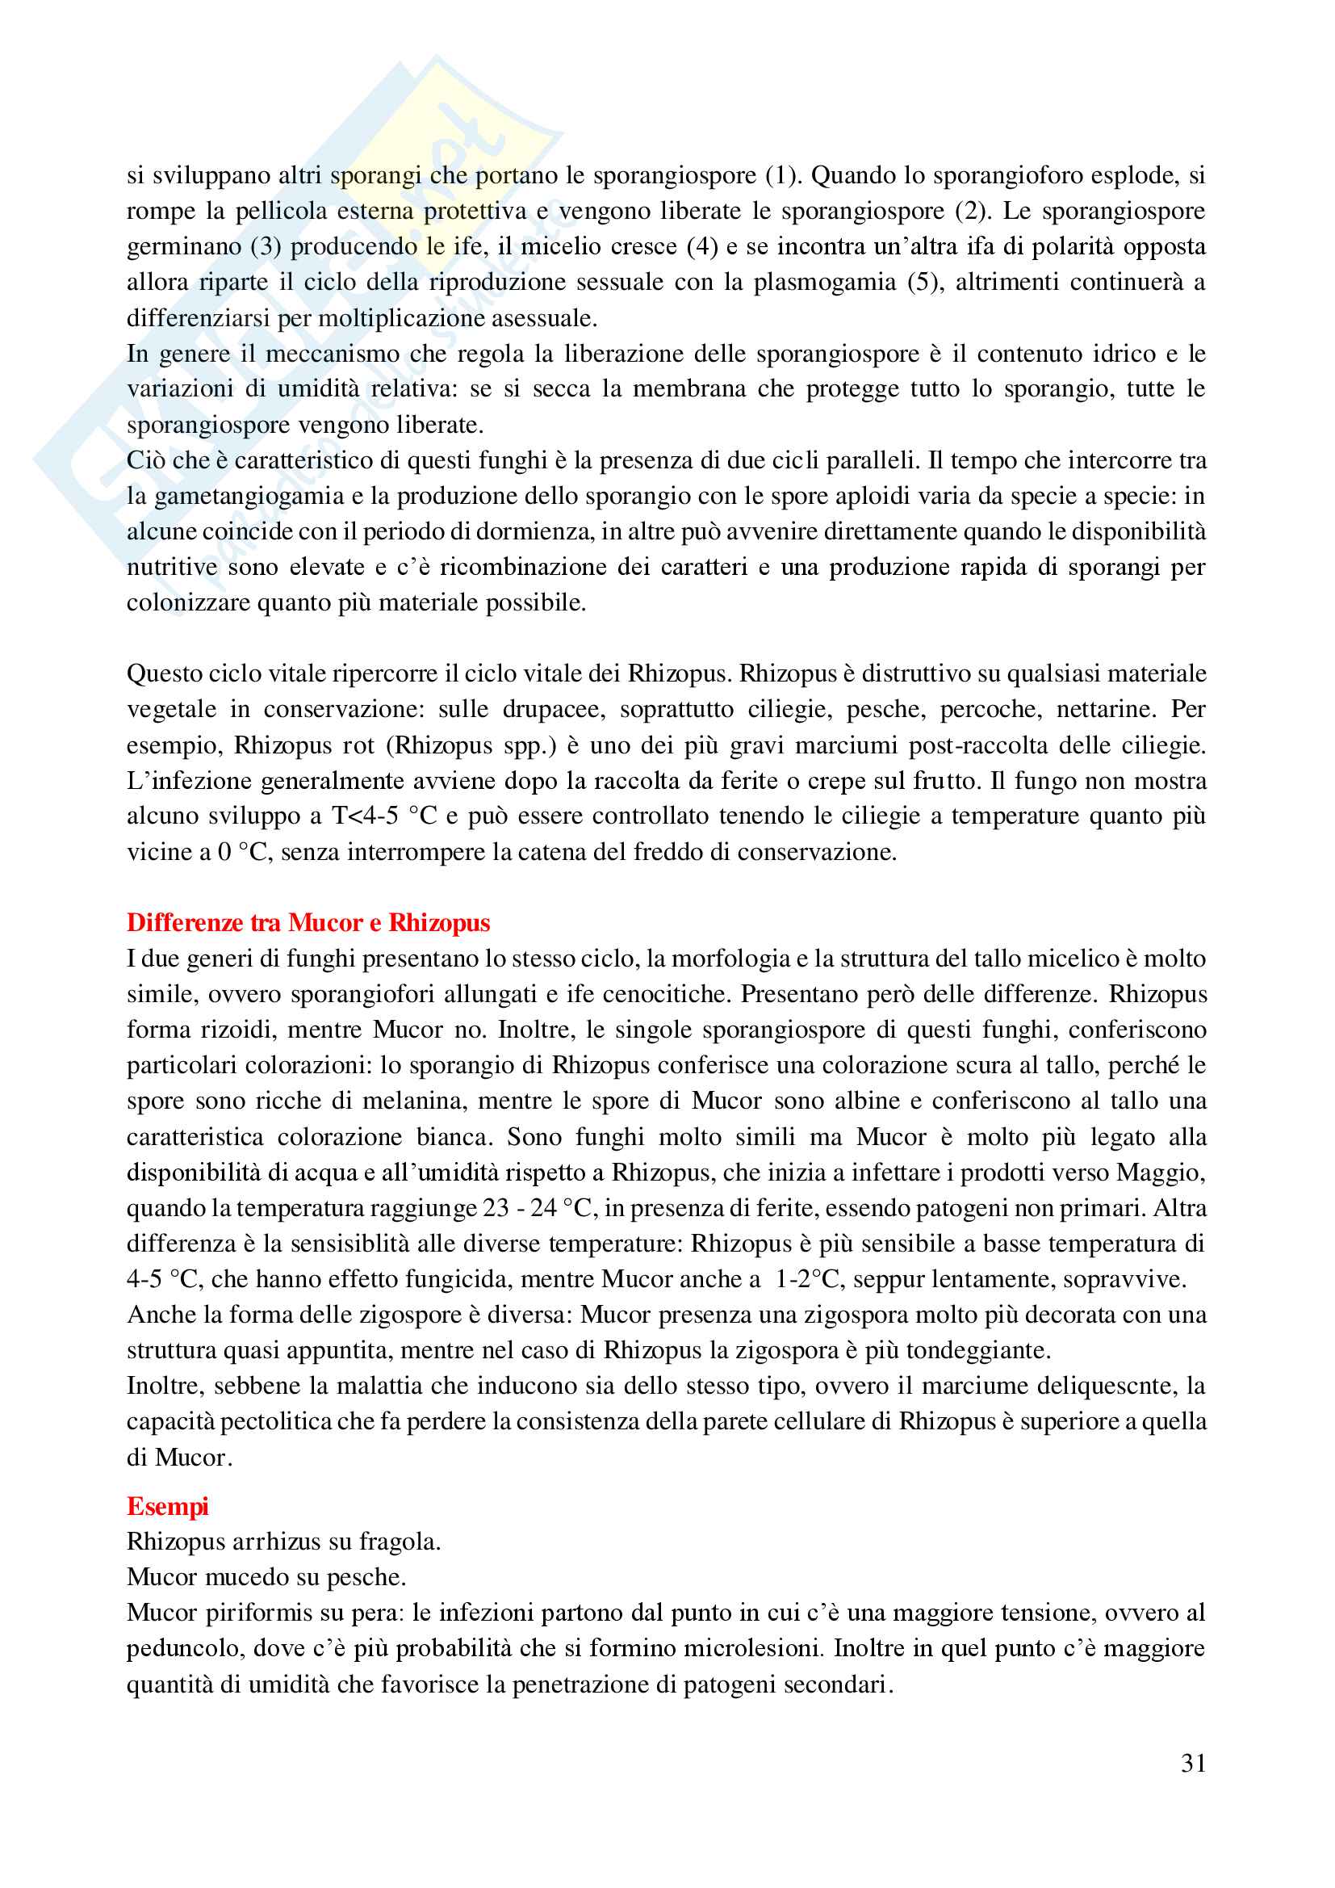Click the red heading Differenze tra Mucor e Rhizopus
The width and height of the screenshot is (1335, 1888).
pos(308,923)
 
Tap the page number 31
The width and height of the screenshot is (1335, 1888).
pos(1193,1763)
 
